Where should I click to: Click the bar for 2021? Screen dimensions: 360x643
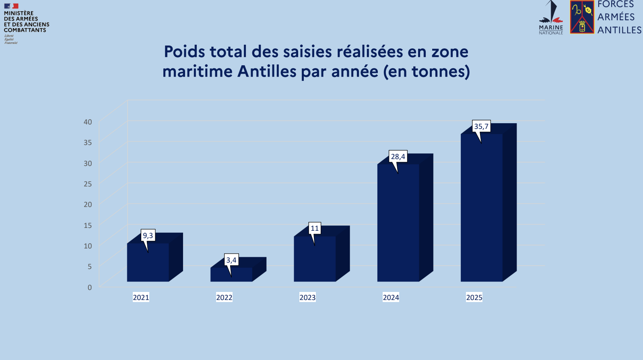point(148,264)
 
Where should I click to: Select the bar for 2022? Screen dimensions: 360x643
point(231,275)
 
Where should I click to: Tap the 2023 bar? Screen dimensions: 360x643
point(315,260)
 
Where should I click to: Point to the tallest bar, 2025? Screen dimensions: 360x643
point(482,209)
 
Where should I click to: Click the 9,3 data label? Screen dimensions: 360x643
point(148,236)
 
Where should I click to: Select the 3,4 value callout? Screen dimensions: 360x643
point(231,260)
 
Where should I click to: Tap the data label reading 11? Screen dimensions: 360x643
point(315,228)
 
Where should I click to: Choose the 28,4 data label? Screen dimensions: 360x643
point(398,157)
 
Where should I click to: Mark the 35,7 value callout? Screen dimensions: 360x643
point(481,126)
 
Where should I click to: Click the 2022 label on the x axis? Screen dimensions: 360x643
point(224,298)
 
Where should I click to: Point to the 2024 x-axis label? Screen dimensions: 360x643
point(391,298)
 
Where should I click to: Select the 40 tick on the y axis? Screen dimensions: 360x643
point(88,122)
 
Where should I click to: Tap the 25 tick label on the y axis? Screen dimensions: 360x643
point(88,184)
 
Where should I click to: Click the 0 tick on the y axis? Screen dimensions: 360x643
point(90,288)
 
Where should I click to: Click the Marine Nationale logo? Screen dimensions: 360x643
point(551,18)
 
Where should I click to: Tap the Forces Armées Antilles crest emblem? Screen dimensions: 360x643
point(582,17)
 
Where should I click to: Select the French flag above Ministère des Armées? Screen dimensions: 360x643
point(11,6)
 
